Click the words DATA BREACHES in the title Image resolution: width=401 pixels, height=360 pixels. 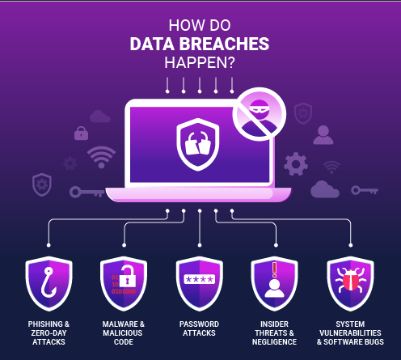tap(200, 44)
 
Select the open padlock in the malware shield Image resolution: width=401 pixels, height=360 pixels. tap(127, 276)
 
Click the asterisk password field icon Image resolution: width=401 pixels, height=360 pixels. tap(200, 279)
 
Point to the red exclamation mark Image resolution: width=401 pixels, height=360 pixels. tap(274, 270)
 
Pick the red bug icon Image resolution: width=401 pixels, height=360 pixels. tap(351, 280)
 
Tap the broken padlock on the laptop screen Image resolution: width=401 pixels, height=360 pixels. tap(198, 143)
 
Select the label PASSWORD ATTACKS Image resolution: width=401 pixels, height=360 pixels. tap(199, 328)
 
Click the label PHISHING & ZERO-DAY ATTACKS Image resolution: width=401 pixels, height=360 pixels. tap(49, 332)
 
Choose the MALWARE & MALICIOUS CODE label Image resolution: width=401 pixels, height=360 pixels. tap(124, 332)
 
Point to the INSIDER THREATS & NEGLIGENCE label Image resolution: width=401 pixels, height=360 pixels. tap(274, 332)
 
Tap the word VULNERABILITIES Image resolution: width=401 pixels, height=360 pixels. tap(350, 332)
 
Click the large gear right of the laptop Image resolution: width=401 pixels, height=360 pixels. tap(296, 164)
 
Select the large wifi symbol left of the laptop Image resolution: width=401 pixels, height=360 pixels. tap(101, 157)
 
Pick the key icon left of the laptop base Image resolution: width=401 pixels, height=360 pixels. tap(87, 193)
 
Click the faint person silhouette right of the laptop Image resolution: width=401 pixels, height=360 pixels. tap(323, 135)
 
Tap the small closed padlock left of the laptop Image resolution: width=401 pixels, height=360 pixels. tap(81, 133)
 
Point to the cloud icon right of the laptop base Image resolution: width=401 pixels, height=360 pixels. tap(325, 189)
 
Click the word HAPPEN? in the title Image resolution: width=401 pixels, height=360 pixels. tap(200, 63)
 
